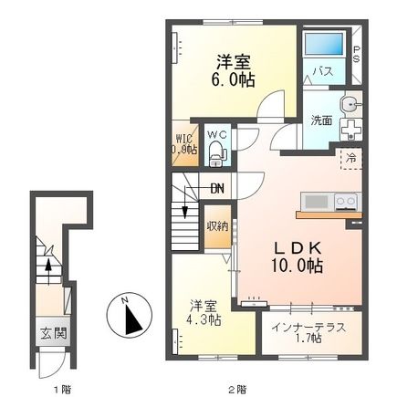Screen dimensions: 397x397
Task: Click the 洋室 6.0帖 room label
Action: click(x=235, y=70)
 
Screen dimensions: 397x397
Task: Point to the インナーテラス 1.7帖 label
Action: click(x=308, y=332)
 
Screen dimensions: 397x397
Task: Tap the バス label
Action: click(x=322, y=69)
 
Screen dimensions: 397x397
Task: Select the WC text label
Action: click(x=216, y=134)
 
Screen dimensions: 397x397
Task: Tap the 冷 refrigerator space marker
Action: click(x=350, y=158)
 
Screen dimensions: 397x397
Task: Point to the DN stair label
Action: click(x=216, y=188)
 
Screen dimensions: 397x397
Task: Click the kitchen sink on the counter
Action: click(x=314, y=201)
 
